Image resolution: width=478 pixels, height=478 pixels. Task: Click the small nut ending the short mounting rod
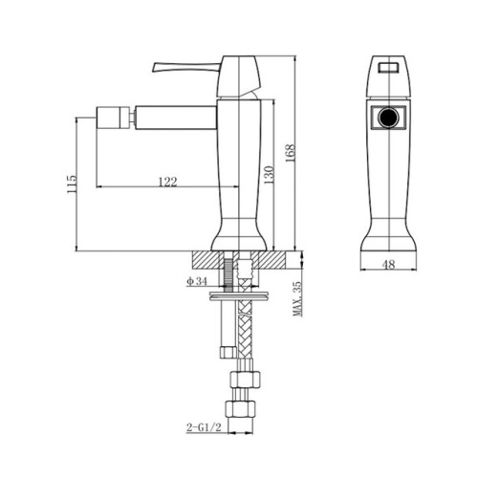click(226, 350)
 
